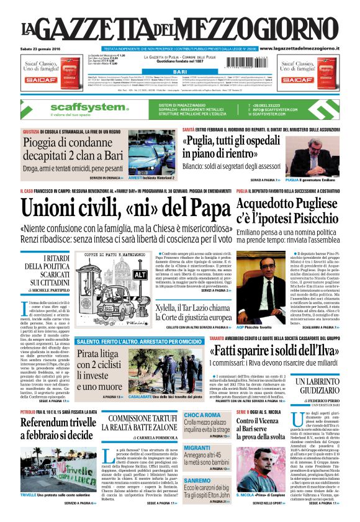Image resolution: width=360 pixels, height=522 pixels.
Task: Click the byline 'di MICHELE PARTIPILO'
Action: [x=48, y=291]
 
